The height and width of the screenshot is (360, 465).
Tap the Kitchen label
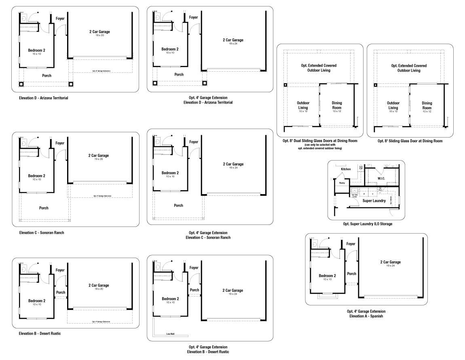(x=346, y=169)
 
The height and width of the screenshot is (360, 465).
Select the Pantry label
(x=342, y=183)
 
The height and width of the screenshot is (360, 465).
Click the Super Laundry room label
(x=374, y=201)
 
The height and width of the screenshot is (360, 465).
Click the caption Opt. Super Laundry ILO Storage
(x=367, y=224)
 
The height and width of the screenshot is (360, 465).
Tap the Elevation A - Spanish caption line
(x=366, y=316)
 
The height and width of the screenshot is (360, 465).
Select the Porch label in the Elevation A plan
(x=351, y=274)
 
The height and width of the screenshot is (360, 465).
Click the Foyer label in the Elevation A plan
(x=351, y=244)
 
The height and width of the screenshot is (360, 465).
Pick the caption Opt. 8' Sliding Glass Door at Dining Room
(x=410, y=141)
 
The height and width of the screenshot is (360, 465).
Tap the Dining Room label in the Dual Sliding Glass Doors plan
(x=337, y=105)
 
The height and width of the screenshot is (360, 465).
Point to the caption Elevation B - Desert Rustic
(x=40, y=333)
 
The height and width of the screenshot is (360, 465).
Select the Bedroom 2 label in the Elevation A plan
(x=327, y=276)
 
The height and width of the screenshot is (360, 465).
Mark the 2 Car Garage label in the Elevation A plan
(x=390, y=262)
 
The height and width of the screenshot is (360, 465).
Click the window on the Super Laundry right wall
(x=399, y=201)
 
